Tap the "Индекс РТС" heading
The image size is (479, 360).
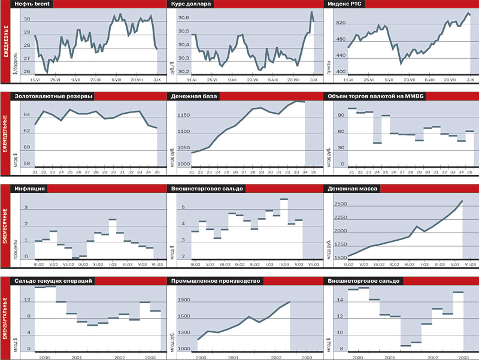pos(345,4)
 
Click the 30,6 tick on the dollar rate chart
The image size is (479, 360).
pos(183,19)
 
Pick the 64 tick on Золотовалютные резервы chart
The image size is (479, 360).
pos(27,114)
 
